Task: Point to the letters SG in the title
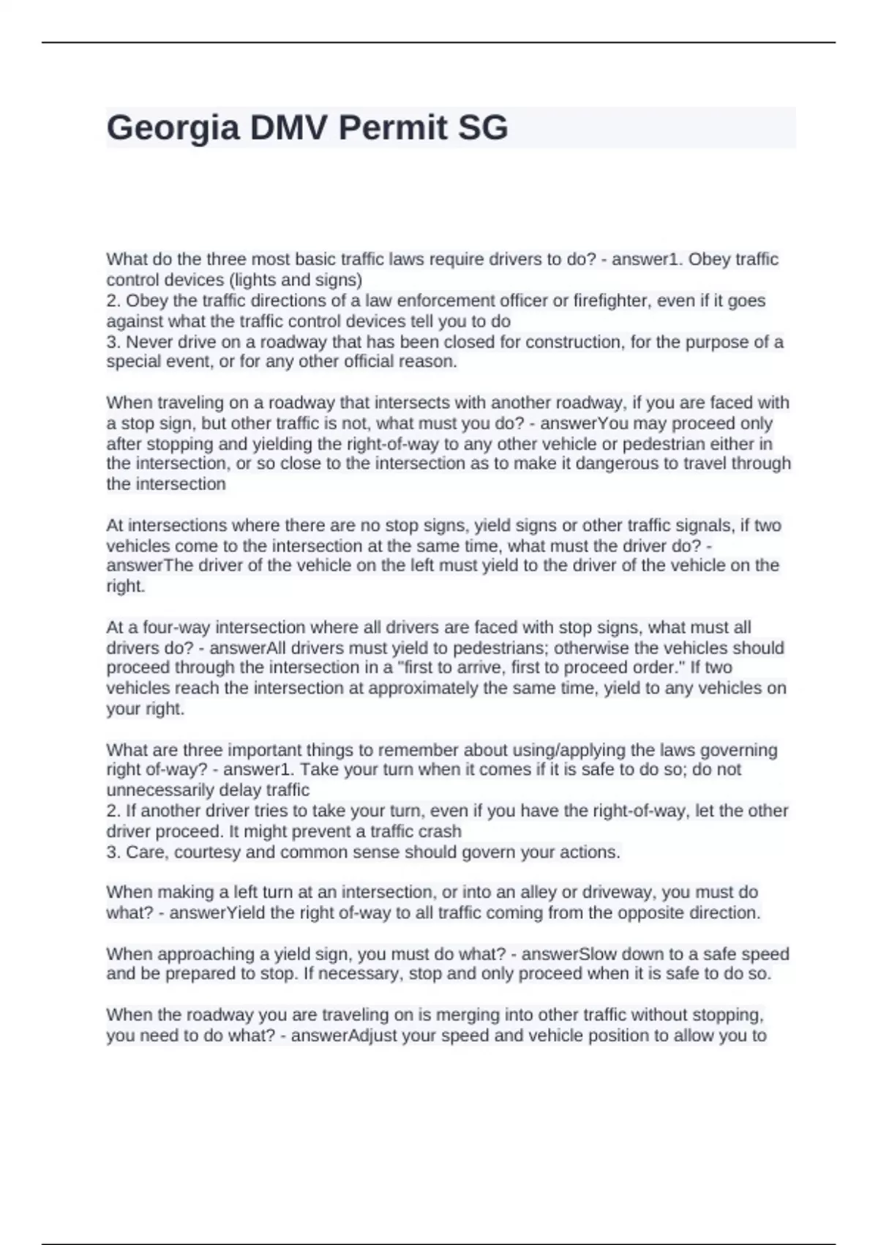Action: (x=482, y=128)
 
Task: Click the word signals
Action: (x=702, y=526)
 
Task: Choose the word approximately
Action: (x=424, y=688)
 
